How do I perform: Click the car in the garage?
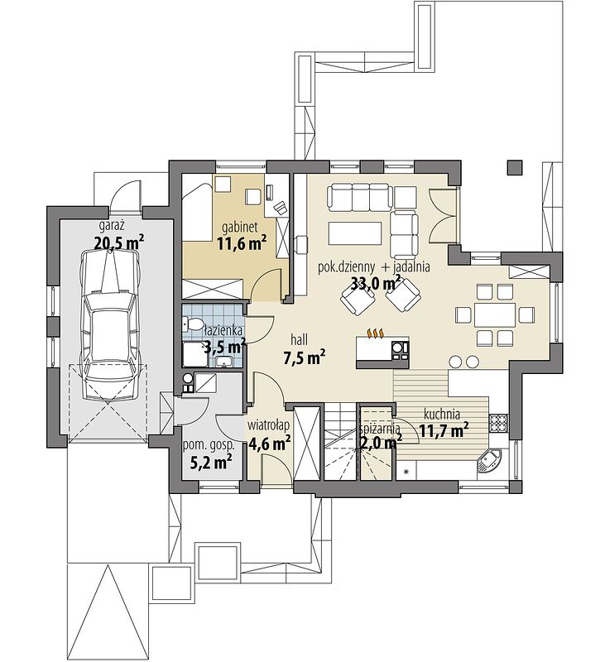[110, 324]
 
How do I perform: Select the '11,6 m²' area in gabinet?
[242, 243]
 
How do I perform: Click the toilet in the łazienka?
[193, 324]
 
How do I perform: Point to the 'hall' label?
[300, 339]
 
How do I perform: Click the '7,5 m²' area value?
[304, 358]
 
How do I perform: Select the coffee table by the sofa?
[354, 233]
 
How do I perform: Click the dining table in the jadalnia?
[495, 314]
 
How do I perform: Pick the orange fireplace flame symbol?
[375, 333]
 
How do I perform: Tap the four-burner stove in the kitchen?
[498, 424]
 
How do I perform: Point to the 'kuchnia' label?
[442, 415]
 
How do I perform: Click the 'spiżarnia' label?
[380, 429]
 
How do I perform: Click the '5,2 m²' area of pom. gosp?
[211, 463]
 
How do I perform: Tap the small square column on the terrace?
[514, 168]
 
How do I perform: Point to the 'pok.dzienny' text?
[346, 267]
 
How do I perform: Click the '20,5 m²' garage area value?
[119, 242]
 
